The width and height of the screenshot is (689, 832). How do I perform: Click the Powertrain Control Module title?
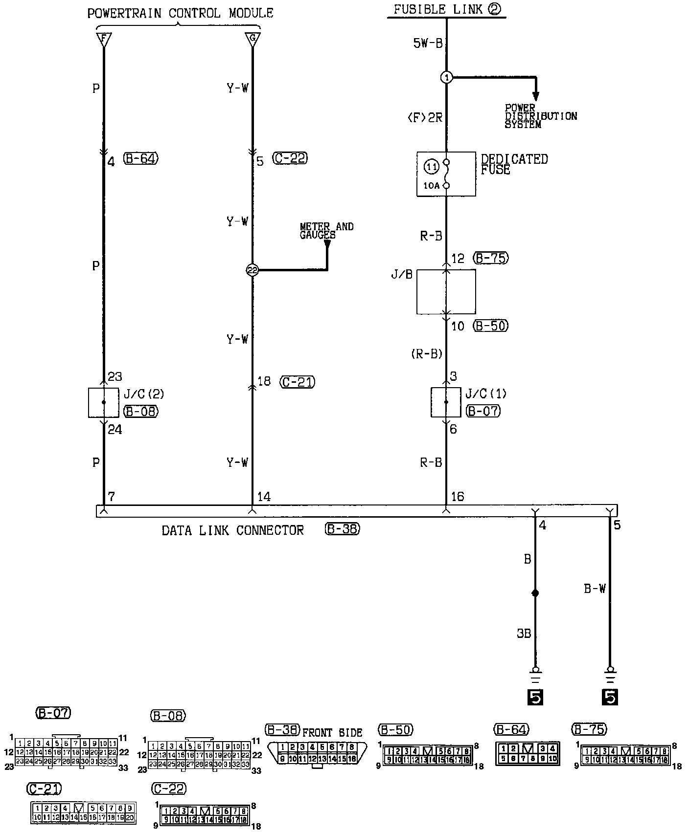180,13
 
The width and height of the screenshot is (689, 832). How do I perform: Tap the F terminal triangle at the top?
104,39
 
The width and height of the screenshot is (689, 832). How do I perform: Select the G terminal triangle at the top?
253,39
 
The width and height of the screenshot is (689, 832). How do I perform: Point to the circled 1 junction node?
446,77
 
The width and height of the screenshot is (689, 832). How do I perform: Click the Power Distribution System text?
540,116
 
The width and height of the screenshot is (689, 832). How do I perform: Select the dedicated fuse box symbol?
446,174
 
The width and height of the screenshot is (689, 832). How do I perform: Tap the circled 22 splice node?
252,270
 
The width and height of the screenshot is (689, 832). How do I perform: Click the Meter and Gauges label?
326,231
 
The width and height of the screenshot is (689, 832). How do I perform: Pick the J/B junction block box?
446,291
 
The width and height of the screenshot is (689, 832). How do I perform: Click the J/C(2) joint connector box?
103,402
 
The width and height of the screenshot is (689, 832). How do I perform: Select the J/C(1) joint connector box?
446,402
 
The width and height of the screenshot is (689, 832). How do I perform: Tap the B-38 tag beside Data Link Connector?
342,529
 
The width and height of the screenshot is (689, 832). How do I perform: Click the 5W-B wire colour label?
427,44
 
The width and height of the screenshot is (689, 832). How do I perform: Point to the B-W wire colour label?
595,589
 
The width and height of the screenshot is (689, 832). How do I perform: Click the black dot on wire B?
535,593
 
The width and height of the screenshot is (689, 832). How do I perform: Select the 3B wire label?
524,634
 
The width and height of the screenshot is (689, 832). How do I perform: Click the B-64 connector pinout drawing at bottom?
527,754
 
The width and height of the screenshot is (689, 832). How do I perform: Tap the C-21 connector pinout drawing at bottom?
83,812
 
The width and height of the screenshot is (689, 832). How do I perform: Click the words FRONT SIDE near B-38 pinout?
332,733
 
